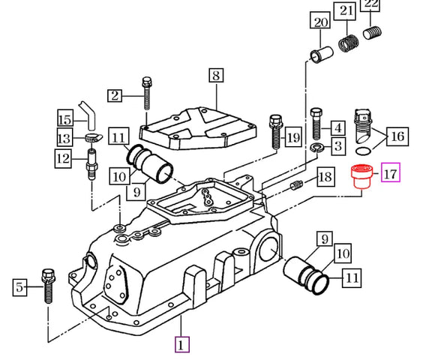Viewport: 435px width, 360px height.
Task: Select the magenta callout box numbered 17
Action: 391,172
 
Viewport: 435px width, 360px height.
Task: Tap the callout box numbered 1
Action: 181,344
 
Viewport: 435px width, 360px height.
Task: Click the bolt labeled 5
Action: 49,286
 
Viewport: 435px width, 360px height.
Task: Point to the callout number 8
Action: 216,75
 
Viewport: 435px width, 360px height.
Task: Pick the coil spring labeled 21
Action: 349,43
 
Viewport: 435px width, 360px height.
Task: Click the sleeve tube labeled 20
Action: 321,54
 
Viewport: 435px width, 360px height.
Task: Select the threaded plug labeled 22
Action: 372,33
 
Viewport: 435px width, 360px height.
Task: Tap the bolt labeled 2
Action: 147,93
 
